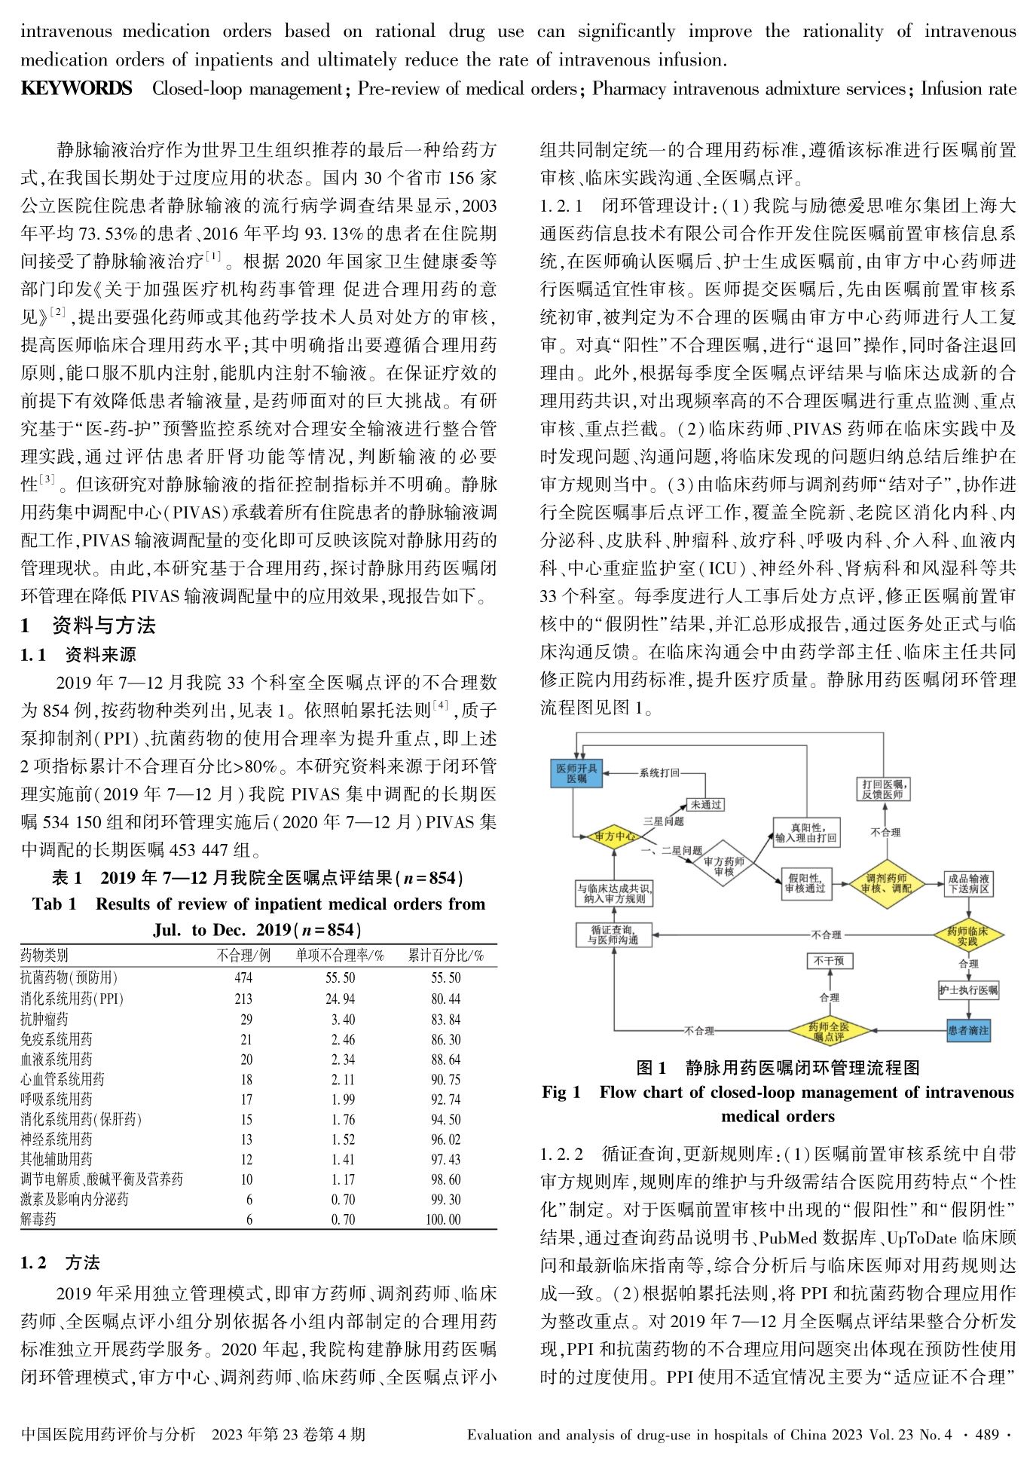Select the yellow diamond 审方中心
(614, 837)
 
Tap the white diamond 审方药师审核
(723, 866)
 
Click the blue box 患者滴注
(968, 1030)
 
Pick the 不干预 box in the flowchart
(829, 961)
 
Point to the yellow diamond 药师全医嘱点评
(829, 1032)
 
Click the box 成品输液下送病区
(968, 883)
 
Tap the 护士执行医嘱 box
(968, 990)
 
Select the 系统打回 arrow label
(659, 772)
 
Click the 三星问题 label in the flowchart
(663, 821)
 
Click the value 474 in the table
(243, 978)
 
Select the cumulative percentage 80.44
(445, 999)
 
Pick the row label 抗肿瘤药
(44, 1019)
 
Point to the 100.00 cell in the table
(443, 1219)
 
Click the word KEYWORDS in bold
(76, 89)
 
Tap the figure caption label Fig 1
(561, 1093)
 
